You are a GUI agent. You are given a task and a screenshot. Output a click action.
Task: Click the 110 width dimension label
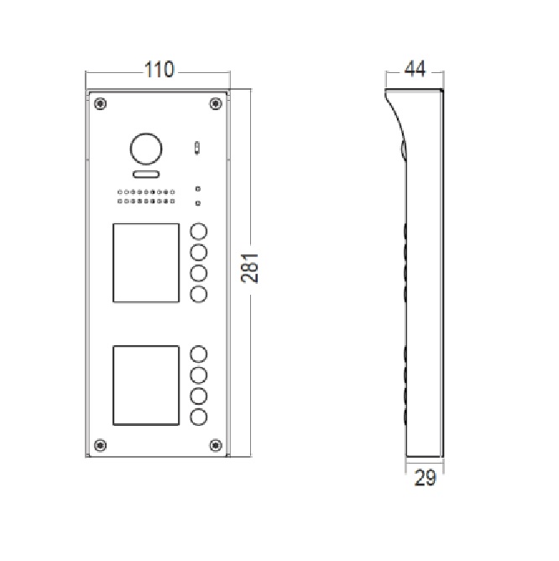point(159,70)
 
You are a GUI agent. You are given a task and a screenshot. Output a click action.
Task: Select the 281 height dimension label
point(249,268)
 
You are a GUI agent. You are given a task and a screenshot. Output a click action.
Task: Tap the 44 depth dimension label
point(415,69)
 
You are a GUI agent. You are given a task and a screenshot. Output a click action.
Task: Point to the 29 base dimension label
point(426,478)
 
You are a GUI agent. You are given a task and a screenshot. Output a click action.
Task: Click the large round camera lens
point(146,149)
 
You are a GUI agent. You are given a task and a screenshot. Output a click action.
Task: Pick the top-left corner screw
point(100,104)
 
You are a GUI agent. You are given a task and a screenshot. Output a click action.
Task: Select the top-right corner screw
point(216,104)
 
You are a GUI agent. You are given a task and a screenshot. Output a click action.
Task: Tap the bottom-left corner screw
point(100,445)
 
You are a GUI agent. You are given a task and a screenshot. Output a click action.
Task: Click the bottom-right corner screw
point(216,445)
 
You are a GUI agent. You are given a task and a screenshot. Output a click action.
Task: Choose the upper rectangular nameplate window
point(146,263)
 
